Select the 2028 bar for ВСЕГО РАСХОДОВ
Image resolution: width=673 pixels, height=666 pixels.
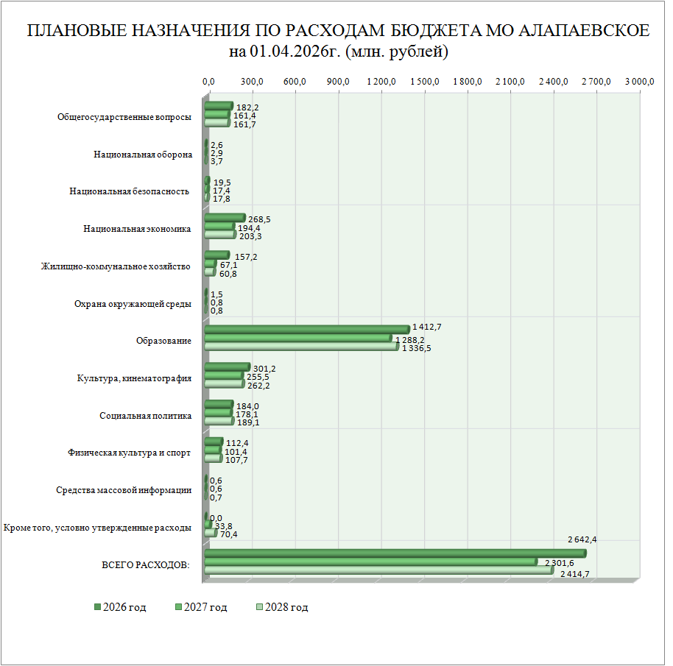coord(378,570)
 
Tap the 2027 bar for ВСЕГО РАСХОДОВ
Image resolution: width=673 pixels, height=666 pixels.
coord(370,562)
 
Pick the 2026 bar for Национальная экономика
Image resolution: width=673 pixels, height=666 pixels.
coord(224,218)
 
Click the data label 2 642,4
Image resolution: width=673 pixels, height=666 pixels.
coord(582,539)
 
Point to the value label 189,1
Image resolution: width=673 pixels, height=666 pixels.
coord(248,423)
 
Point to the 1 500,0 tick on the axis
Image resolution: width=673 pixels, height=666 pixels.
coord(426,82)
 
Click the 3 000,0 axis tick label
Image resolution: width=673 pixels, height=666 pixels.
coord(640,82)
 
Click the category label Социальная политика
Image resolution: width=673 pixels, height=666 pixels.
coord(146,416)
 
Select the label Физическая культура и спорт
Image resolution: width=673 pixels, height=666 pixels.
coord(129,453)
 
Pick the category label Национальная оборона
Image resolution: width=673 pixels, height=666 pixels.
coord(143,155)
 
